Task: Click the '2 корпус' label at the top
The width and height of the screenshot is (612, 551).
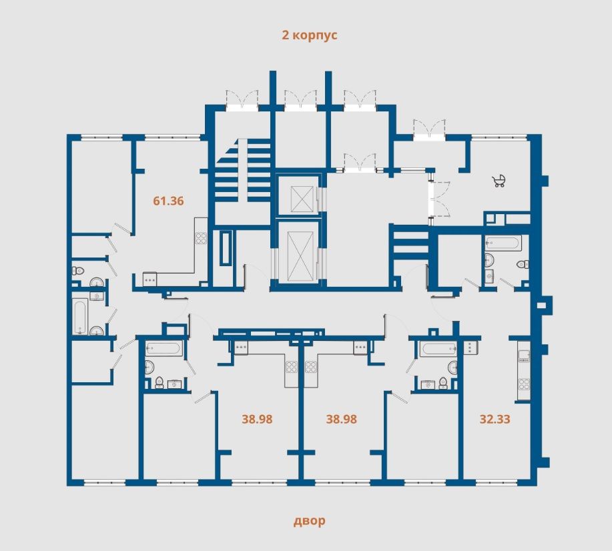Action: [310, 35]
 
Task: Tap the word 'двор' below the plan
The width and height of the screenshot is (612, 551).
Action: [310, 521]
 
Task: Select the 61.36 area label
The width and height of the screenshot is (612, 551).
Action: [168, 200]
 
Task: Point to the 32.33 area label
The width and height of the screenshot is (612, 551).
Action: [495, 420]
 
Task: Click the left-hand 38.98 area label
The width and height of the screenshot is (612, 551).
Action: [257, 420]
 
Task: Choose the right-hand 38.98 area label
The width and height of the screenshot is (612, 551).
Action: [341, 420]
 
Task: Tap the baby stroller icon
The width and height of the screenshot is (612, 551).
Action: [499, 180]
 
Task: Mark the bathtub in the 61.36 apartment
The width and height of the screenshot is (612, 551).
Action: [81, 316]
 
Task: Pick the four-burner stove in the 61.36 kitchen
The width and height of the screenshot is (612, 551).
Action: [200, 237]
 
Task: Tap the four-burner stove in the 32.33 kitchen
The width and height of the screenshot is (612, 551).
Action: [524, 384]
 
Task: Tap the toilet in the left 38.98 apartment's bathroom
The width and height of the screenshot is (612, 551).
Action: [159, 382]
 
